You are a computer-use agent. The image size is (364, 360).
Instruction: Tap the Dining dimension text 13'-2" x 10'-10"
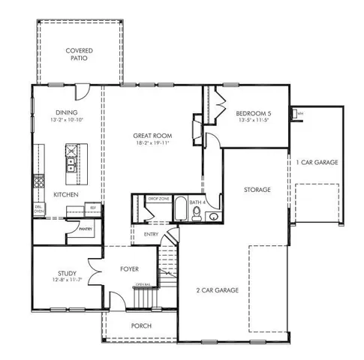click(68, 119)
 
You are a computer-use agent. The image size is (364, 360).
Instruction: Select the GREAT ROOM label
click(149, 136)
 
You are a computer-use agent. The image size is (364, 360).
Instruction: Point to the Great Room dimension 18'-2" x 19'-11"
click(150, 143)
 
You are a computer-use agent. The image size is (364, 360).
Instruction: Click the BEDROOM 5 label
click(254, 112)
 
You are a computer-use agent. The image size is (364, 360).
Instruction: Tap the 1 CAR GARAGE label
click(316, 162)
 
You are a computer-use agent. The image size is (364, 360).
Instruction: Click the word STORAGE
click(257, 190)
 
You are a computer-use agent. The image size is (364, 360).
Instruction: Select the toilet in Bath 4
click(197, 215)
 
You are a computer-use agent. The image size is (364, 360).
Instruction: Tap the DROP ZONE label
click(158, 198)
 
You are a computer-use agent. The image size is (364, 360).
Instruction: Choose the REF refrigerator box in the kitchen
click(93, 208)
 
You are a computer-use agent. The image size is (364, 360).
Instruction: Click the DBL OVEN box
click(40, 210)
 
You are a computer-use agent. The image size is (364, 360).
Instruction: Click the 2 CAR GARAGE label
click(218, 289)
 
